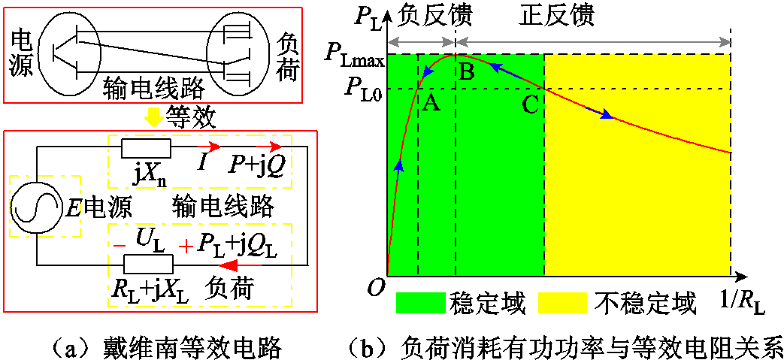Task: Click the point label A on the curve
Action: point(431,104)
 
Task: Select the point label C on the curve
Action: point(531,105)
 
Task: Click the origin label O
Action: point(374,287)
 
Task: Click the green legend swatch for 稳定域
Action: point(420,302)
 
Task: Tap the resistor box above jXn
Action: point(147,149)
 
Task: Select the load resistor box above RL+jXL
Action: point(149,264)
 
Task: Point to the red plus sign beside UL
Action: point(187,247)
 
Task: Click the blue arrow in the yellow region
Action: point(599,112)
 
